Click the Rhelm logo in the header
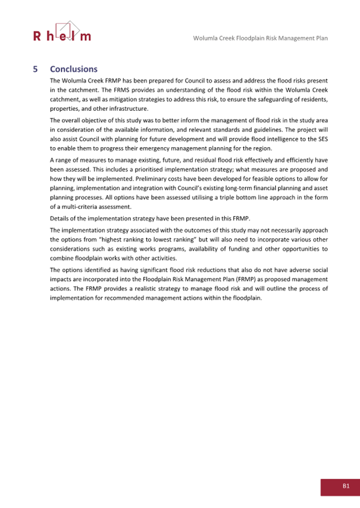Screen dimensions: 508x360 pyautogui.click(x=62, y=32)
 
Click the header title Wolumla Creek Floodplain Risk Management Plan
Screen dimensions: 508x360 pyautogui.click(x=260, y=38)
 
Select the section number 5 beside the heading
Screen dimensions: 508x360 pyautogui.click(x=35, y=69)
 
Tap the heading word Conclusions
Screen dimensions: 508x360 pyautogui.click(x=74, y=69)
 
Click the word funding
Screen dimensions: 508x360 pyautogui.click(x=245, y=249)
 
